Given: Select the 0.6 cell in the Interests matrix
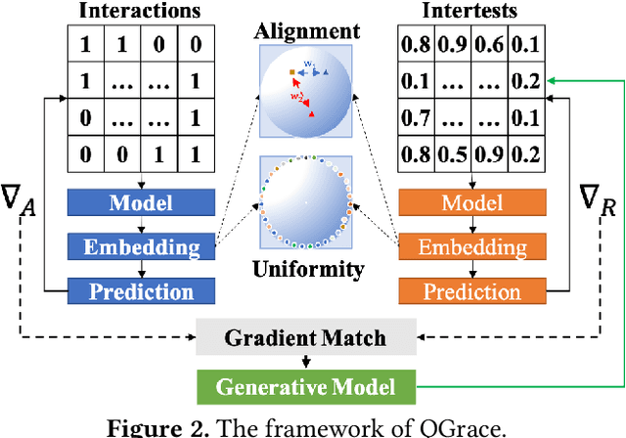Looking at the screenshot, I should (x=490, y=45).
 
